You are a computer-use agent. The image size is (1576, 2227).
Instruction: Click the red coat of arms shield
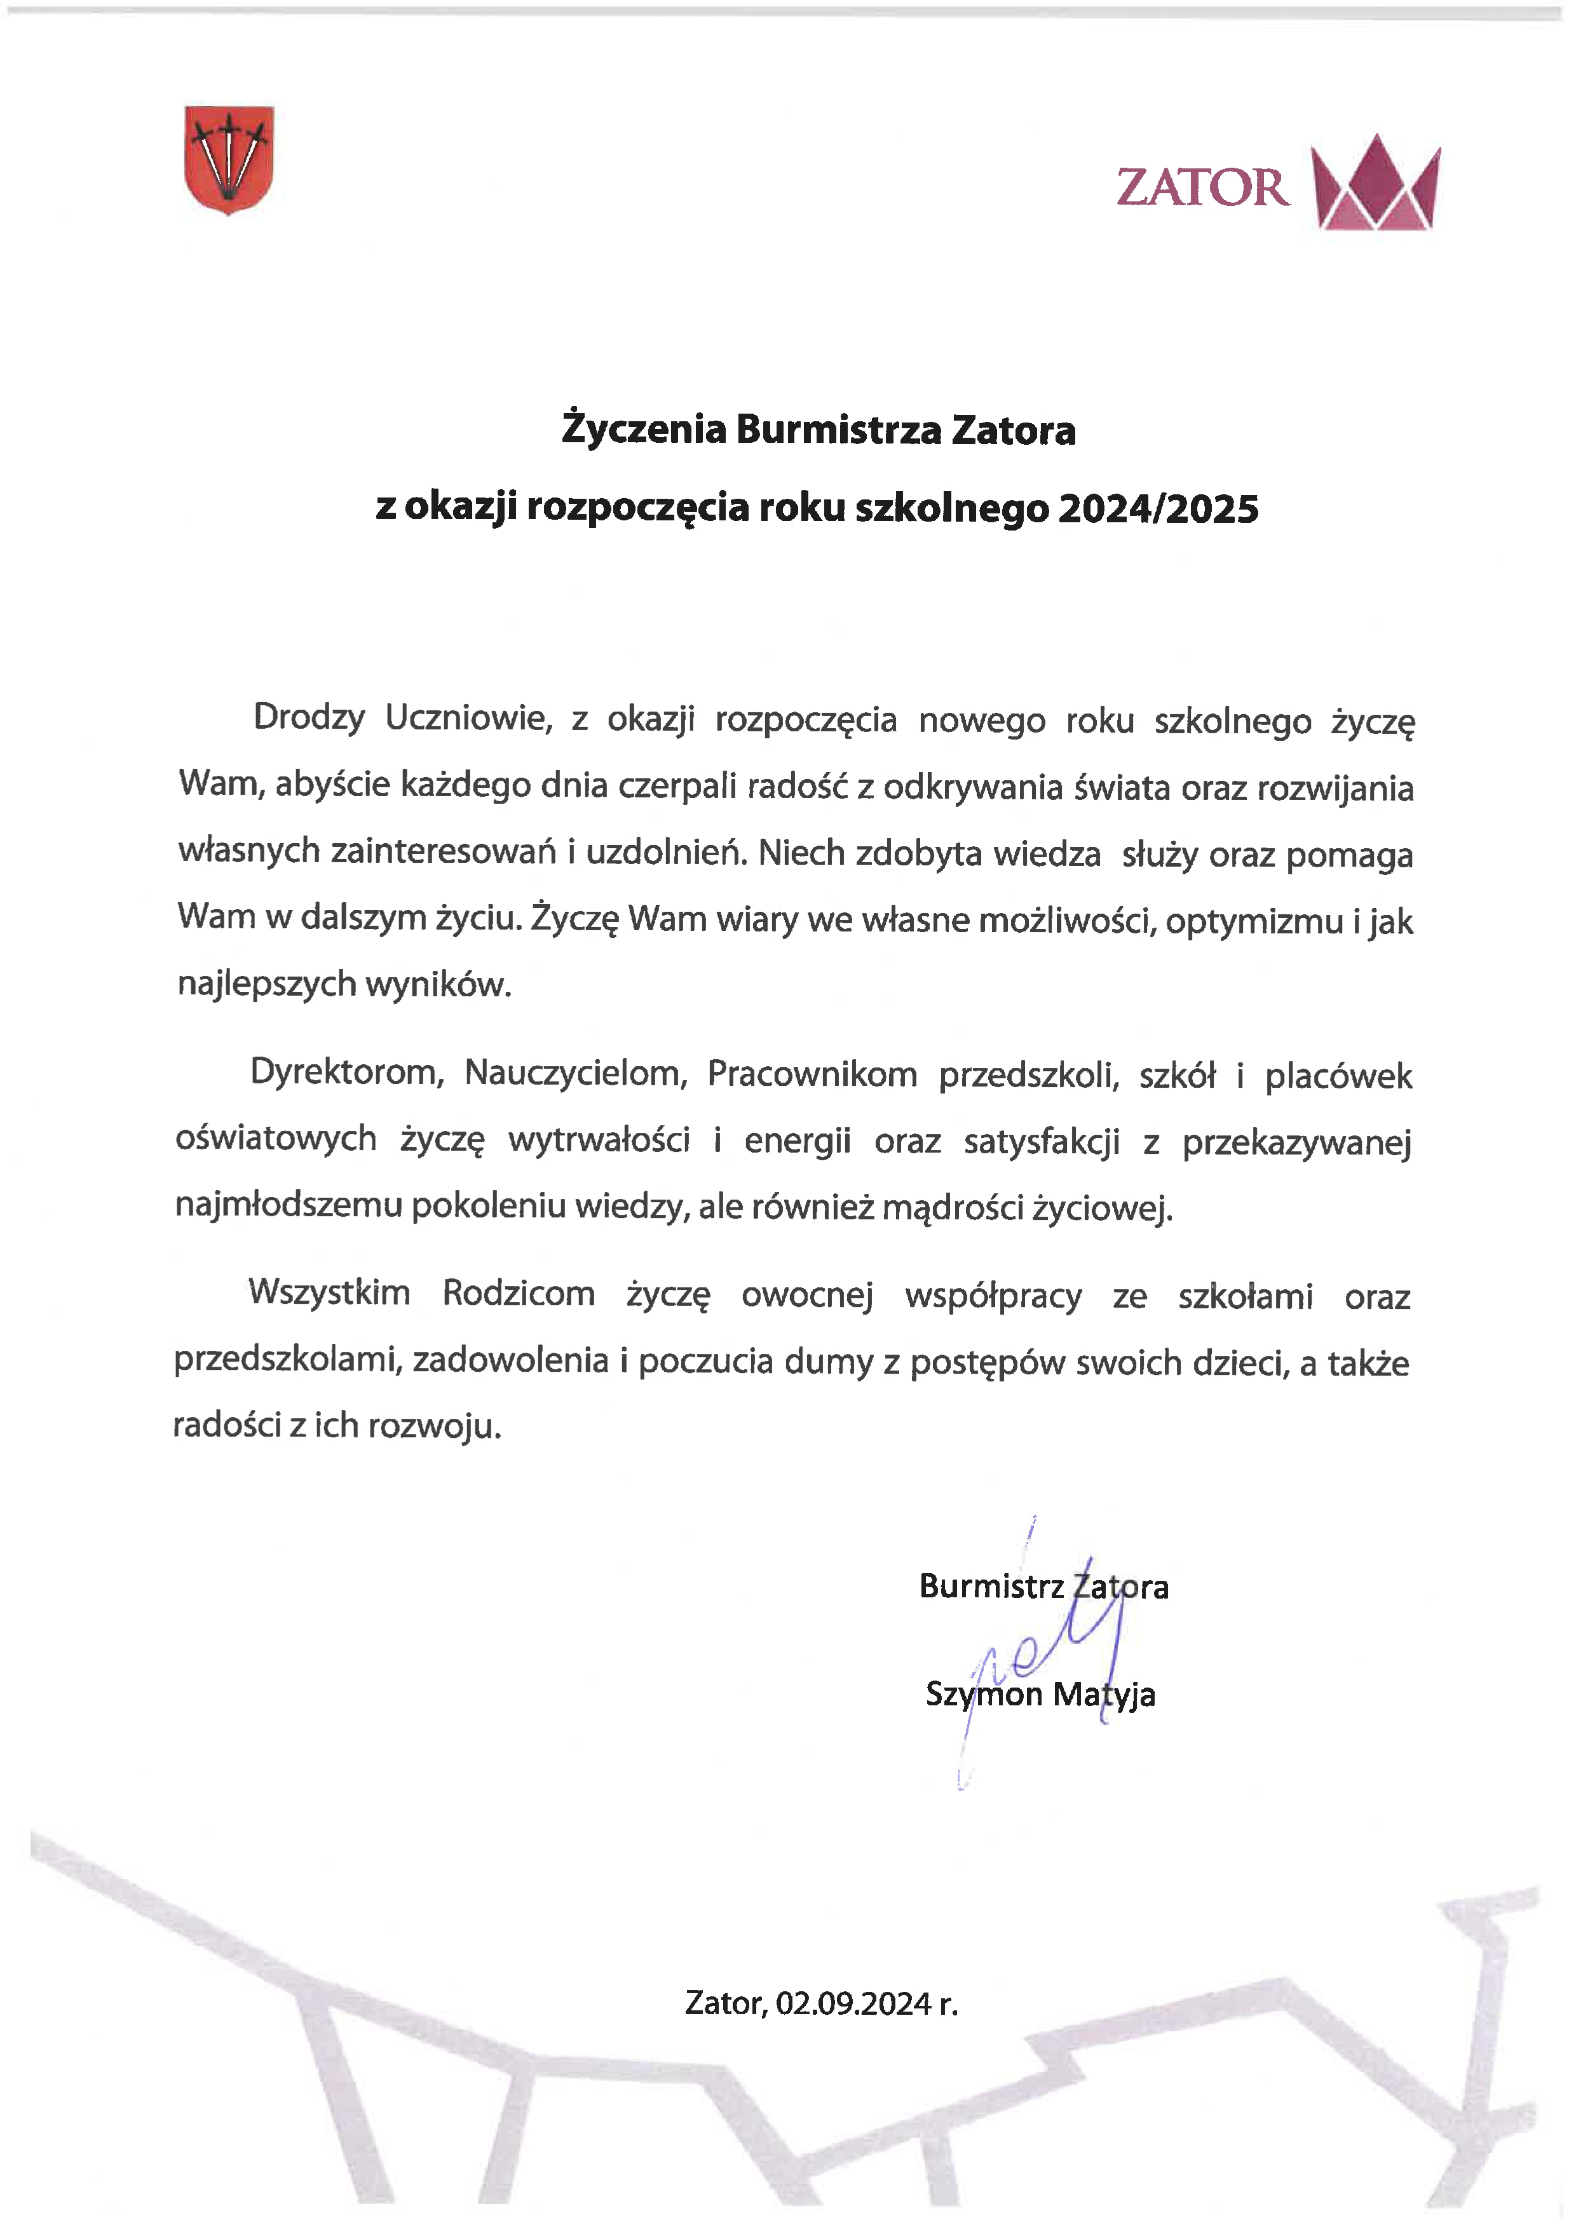click(229, 159)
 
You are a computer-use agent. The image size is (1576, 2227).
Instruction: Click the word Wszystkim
click(330, 1294)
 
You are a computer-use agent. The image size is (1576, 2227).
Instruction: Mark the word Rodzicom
click(519, 1294)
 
